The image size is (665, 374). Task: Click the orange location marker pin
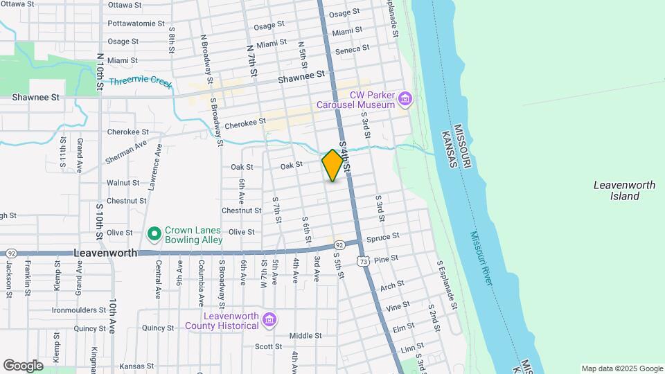[332, 165]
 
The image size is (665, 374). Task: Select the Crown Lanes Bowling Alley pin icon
[154, 231]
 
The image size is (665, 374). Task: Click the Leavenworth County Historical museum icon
[269, 319]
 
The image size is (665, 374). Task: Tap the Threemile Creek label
[140, 82]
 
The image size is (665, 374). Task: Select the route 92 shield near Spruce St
[339, 245]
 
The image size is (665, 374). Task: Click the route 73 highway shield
[363, 261]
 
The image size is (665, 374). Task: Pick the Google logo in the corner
[24, 365]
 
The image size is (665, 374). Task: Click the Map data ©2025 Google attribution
[622, 368]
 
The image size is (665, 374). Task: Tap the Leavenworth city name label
[105, 253]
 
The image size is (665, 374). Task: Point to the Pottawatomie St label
[136, 23]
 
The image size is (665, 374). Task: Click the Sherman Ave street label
[126, 152]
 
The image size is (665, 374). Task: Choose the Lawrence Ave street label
[153, 166]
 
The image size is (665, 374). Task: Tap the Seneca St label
[352, 49]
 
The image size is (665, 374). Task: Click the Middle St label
[305, 336]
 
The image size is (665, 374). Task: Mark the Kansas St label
[136, 366]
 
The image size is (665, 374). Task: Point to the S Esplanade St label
[447, 285]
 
